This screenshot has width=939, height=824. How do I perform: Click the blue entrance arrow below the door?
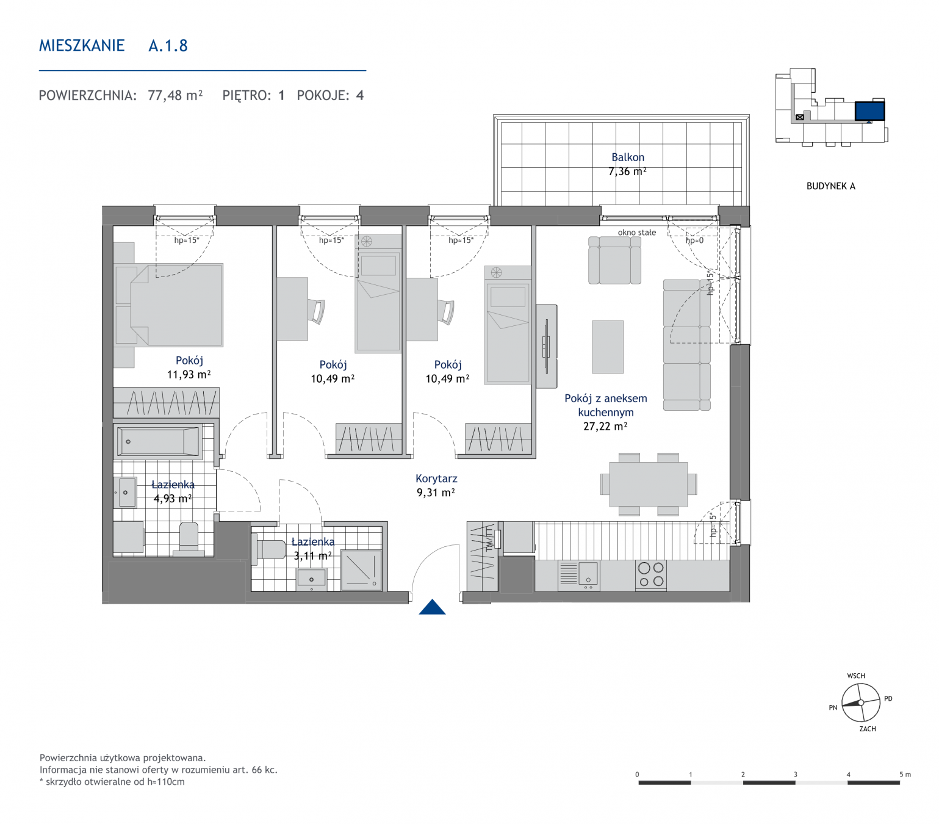click(431, 607)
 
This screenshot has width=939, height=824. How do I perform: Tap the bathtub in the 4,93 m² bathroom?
click(159, 441)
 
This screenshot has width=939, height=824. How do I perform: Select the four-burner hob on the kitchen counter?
click(651, 576)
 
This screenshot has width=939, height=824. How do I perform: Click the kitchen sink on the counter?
click(579, 576)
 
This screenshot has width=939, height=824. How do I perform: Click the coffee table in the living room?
click(607, 347)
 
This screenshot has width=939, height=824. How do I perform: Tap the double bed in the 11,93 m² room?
click(176, 305)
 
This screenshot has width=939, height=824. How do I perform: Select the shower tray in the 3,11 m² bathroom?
click(361, 570)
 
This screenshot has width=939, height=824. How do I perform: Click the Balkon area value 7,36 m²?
click(627, 171)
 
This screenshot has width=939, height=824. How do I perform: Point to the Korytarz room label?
click(436, 479)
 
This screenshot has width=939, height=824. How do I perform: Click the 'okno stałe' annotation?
click(636, 233)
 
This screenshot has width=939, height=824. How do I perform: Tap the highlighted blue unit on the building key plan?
click(869, 111)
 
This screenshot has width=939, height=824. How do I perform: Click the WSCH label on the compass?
click(855, 676)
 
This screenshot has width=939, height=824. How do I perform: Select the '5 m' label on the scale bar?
click(905, 775)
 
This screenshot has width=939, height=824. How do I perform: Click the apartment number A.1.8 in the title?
click(168, 45)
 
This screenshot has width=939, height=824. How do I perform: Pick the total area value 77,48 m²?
click(175, 95)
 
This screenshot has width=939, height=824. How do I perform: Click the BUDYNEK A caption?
click(830, 186)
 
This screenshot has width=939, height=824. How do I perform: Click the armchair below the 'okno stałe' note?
click(614, 260)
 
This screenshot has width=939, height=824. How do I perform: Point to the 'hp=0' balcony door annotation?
click(694, 240)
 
